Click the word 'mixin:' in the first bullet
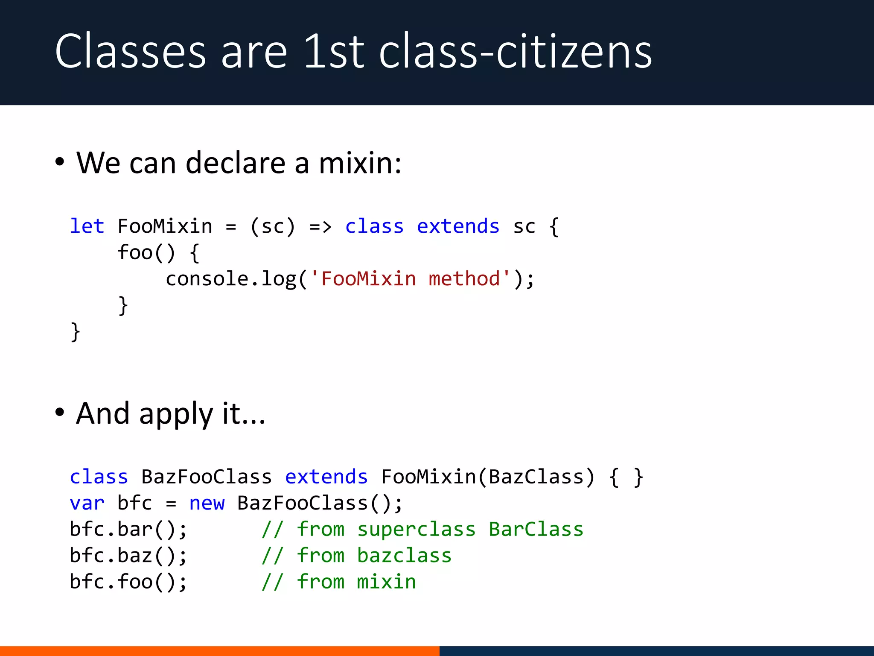tap(360, 163)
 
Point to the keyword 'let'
tap(87, 226)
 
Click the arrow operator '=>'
tap(320, 226)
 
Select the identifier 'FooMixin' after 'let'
tap(165, 226)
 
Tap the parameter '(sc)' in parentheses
tap(273, 226)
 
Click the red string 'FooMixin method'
tap(411, 279)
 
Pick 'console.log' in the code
tap(231, 279)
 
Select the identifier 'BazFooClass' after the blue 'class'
tap(207, 477)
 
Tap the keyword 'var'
tap(87, 503)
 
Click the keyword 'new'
tap(207, 503)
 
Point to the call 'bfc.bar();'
tap(128, 530)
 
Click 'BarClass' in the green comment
tap(536, 530)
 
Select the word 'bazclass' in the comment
tap(404, 556)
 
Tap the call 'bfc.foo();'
tap(128, 582)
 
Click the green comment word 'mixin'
tap(386, 582)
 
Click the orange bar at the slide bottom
tap(219, 651)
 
